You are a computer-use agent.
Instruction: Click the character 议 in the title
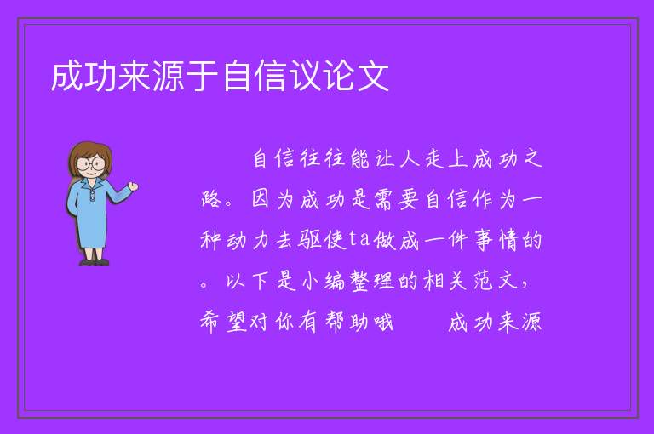pyautogui.click(x=305, y=76)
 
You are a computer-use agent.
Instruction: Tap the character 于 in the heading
pyautogui.click(x=203, y=76)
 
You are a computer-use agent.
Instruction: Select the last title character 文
pyautogui.click(x=373, y=76)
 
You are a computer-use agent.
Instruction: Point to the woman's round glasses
pyautogui.click(x=91, y=163)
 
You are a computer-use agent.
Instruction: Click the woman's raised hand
pyautogui.click(x=133, y=186)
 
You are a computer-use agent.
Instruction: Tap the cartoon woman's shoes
pyautogui.click(x=95, y=262)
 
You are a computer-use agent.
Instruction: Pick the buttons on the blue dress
pyautogui.click(x=92, y=195)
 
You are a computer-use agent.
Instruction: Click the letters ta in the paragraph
pyautogui.click(x=359, y=239)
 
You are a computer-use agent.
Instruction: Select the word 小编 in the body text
pyautogui.click(x=324, y=281)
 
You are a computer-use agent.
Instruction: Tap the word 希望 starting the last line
pyautogui.click(x=224, y=322)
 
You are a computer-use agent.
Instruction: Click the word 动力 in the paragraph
pyautogui.click(x=247, y=241)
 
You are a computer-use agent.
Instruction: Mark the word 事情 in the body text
pyautogui.click(x=496, y=241)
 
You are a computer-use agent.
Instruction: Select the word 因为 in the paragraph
pyautogui.click(x=272, y=199)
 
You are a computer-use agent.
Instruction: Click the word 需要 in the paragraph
pyautogui.click(x=397, y=199)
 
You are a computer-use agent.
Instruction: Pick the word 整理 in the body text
pyautogui.click(x=372, y=281)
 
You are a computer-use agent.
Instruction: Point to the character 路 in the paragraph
pyautogui.click(x=211, y=199)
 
